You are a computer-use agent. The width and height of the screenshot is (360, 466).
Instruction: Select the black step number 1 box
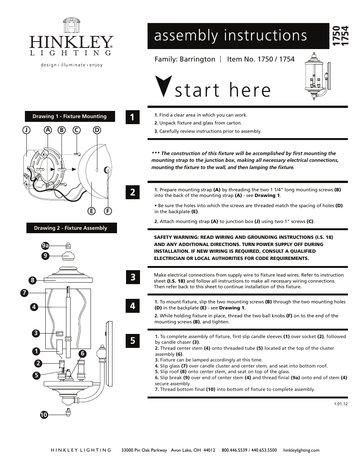[x=132, y=117]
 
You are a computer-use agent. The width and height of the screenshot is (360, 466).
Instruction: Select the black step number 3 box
[x=132, y=277]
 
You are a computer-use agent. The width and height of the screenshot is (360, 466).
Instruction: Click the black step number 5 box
[x=132, y=340]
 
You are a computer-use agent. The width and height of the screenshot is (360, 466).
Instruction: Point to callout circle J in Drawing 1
[x=26, y=130]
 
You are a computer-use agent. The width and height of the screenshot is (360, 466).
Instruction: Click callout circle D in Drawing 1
[x=97, y=130]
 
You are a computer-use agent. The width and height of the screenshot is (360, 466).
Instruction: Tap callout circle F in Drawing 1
[x=108, y=211]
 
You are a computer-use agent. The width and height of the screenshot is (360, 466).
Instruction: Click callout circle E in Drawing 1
[x=91, y=211]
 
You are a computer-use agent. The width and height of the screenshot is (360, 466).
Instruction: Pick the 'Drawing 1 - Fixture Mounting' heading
[x=69, y=116]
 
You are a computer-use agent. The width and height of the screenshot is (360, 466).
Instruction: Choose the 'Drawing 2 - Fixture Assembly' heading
[x=71, y=228]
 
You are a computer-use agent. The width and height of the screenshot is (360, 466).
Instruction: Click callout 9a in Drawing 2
[x=45, y=246]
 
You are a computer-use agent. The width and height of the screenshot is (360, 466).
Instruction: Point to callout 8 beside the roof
[x=33, y=280]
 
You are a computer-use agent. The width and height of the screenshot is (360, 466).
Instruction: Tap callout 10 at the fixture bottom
[x=44, y=415]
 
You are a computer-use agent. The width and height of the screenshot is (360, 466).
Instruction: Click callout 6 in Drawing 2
[x=82, y=354]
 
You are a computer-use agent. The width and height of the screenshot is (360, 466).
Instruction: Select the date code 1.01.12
[x=340, y=404]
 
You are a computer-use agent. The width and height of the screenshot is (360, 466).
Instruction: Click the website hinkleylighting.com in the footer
[x=301, y=450]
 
